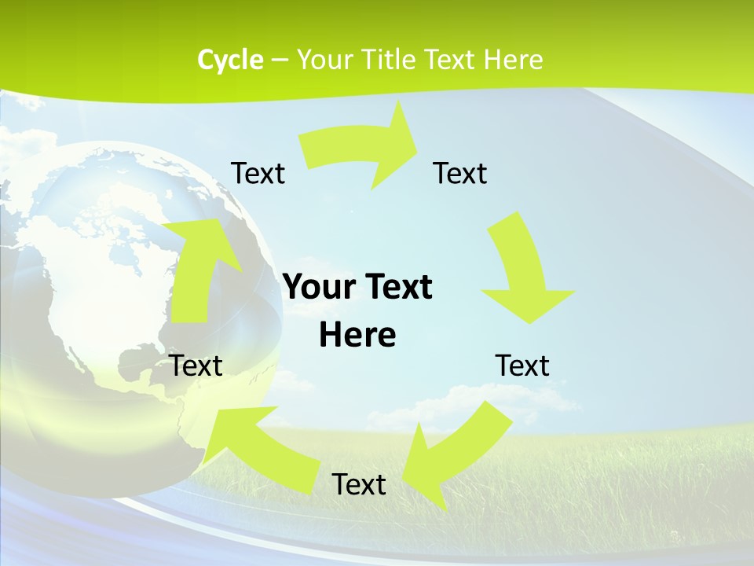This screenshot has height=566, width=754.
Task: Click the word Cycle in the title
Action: pos(230,60)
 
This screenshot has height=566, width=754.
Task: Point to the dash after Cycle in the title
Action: pos(280,61)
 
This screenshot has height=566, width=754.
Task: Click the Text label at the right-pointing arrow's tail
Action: pos(258,173)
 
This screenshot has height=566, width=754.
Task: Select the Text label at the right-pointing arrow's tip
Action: pos(460,173)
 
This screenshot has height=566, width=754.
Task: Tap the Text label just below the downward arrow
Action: pos(522,366)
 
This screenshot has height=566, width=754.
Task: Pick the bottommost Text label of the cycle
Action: pos(359,484)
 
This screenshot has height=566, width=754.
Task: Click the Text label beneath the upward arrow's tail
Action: pos(196,366)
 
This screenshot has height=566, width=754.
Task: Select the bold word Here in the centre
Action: pos(357,336)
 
